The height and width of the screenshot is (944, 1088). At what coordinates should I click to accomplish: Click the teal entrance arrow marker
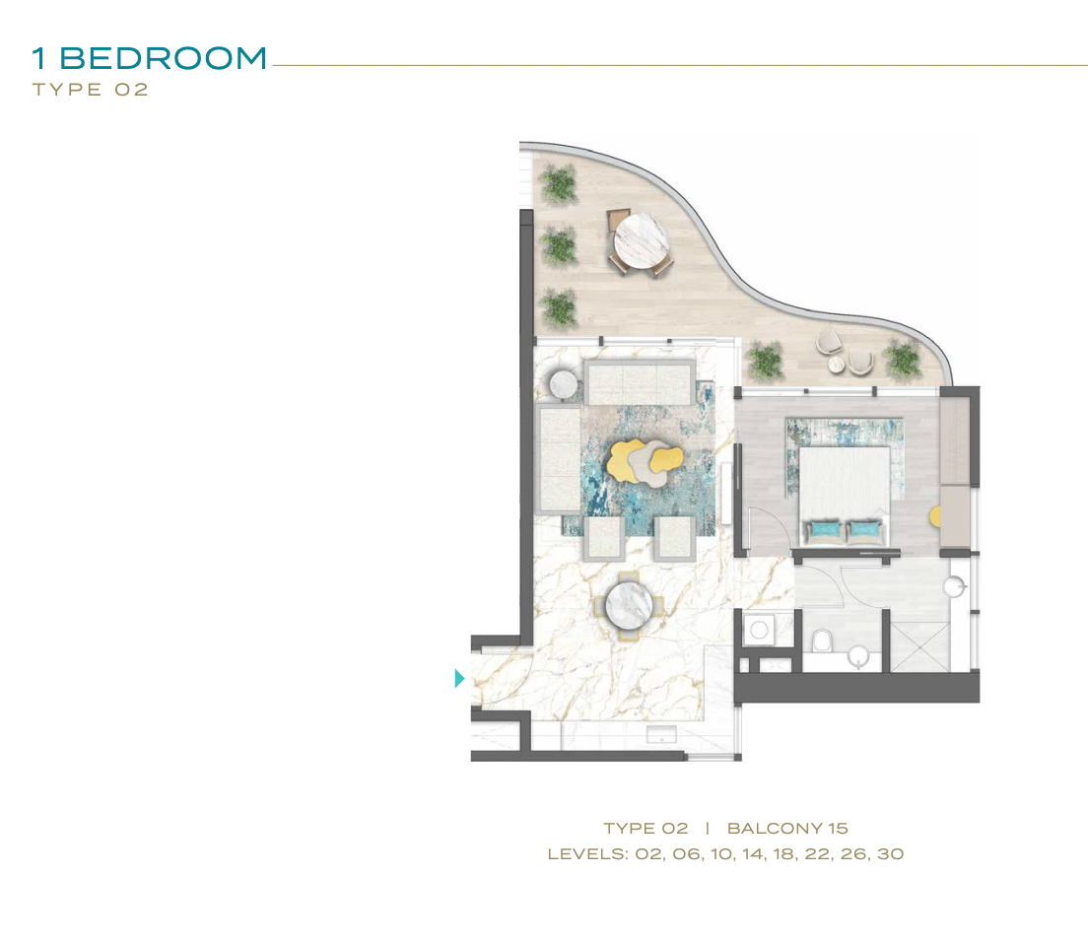point(458,678)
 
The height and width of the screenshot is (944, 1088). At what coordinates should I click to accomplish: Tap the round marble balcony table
point(641,240)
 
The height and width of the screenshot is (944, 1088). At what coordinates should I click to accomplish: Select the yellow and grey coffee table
point(646,461)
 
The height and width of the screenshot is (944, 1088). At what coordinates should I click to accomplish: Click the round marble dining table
point(629,605)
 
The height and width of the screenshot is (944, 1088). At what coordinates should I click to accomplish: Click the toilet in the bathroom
point(822,641)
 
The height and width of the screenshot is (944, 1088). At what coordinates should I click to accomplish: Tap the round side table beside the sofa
point(564,384)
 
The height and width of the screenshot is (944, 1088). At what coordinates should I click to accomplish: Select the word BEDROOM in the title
point(163,58)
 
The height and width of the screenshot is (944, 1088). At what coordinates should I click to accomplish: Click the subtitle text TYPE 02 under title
point(91,90)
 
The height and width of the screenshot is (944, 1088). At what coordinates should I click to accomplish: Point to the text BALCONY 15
point(787,828)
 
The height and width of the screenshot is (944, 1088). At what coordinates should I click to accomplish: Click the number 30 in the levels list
point(890,853)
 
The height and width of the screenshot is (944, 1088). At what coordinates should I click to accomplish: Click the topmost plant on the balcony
point(558,184)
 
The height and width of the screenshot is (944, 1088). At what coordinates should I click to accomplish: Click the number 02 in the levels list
point(648,853)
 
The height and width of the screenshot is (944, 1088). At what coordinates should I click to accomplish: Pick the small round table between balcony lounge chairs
point(836,364)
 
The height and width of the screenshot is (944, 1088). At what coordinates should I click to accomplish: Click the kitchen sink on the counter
point(661,734)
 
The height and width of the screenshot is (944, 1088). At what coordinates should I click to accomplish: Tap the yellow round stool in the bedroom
point(935,516)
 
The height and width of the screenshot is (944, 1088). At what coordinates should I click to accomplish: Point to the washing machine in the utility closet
point(759,629)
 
